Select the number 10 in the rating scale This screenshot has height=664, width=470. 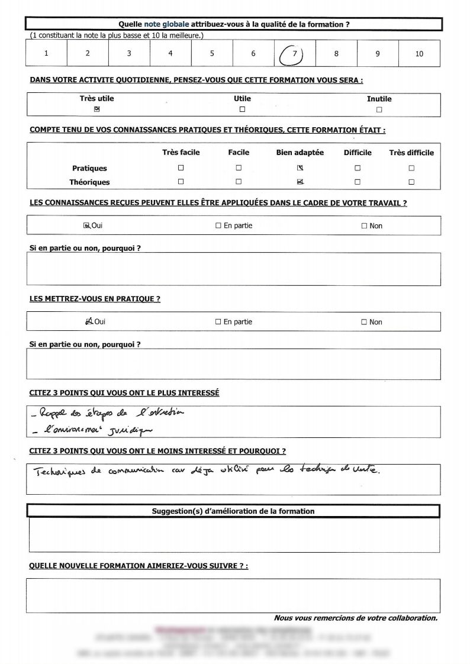[419, 54]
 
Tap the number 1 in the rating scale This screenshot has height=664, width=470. [46, 54]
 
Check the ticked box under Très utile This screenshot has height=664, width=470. [96, 109]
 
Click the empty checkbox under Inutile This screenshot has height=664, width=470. [379, 109]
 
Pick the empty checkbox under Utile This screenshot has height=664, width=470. [242, 109]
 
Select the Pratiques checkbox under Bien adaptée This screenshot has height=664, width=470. [300, 168]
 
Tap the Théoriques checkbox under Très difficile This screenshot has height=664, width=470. [411, 182]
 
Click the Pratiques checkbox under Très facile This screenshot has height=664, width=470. [181, 168]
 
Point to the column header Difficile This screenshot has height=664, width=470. [358, 153]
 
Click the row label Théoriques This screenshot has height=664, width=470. [89, 182]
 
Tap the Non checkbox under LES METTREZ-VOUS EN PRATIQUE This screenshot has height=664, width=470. [365, 322]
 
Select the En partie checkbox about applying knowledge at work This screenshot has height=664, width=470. [218, 225]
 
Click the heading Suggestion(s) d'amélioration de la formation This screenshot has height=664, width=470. [233, 511]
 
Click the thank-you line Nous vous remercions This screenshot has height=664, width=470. [355, 618]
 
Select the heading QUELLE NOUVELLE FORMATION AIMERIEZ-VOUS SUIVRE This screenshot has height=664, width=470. [139, 566]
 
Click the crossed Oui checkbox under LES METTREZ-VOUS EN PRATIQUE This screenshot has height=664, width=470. [89, 321]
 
